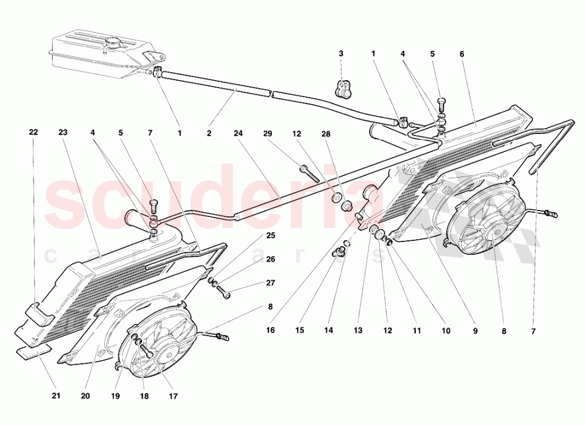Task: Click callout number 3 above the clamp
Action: [341, 54]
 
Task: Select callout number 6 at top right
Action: [462, 54]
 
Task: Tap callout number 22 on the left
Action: [33, 132]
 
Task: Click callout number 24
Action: [238, 132]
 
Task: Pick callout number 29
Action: [268, 132]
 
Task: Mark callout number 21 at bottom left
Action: [56, 396]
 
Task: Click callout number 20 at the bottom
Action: [85, 396]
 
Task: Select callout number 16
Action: [270, 330]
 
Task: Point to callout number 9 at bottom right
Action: [475, 330]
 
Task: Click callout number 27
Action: [270, 283]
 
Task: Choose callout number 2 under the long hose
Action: [209, 133]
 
